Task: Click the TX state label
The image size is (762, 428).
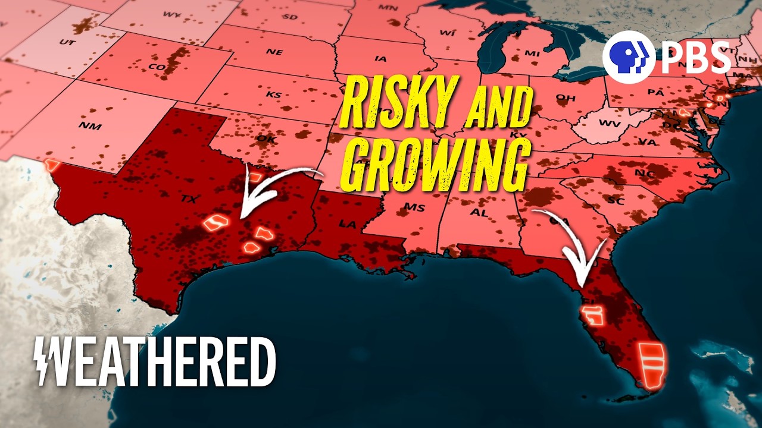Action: [189, 197]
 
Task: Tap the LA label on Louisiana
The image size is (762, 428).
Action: [346, 225]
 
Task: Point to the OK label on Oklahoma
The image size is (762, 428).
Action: [263, 139]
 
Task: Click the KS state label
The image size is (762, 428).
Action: [273, 95]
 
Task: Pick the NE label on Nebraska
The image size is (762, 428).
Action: [274, 52]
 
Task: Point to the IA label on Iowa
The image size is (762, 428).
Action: [380, 58]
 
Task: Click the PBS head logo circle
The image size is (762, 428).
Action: [624, 57]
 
